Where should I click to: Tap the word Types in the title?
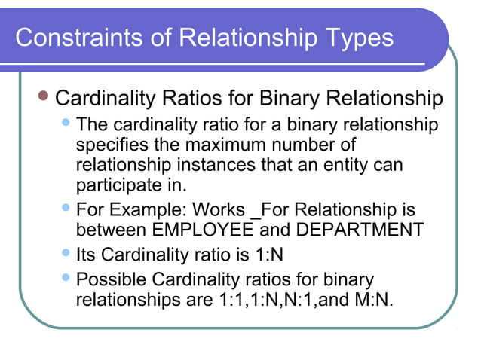tap(354, 37)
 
